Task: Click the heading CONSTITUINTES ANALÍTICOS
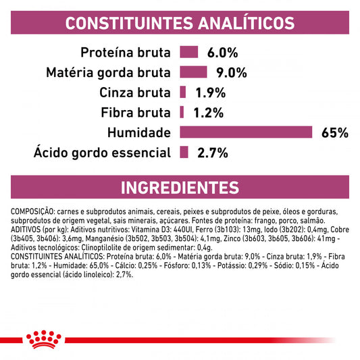[180, 22]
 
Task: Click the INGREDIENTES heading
[180, 187]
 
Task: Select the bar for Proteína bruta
[188, 52]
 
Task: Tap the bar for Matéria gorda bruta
[193, 72]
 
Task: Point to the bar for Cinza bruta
[183, 92]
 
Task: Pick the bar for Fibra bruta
[182, 112]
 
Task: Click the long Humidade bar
[246, 132]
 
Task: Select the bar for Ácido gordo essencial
[184, 153]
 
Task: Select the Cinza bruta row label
[133, 93]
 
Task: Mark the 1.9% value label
[211, 93]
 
